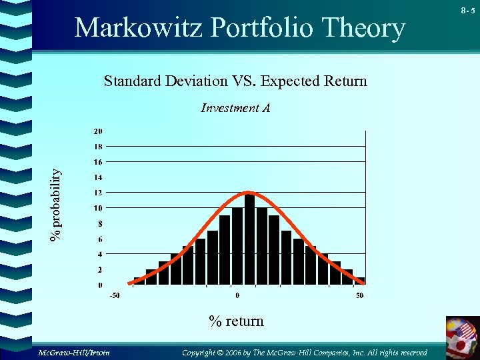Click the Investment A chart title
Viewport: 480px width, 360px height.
click(235, 107)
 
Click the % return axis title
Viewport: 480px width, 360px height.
click(236, 321)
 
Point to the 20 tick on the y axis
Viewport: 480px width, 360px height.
click(97, 131)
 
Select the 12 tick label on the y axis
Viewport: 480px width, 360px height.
click(97, 193)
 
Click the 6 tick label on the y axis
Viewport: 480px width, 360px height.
click(99, 239)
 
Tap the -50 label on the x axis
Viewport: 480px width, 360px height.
click(115, 295)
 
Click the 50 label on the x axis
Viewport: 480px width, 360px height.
click(359, 295)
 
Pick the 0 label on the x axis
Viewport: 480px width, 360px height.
click(237, 295)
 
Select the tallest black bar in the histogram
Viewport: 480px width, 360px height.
click(249, 240)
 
